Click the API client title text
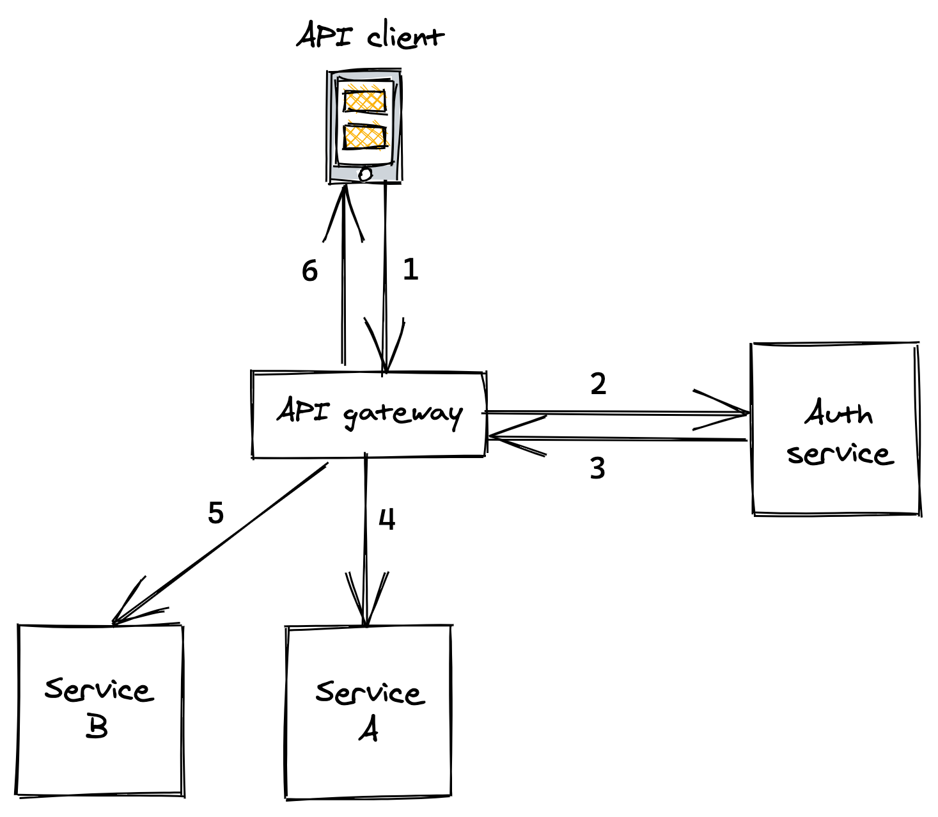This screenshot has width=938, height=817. coord(370,36)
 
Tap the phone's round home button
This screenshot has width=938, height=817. coord(365,173)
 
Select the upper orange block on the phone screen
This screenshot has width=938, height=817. coord(364,101)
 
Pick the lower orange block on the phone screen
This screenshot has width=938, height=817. coord(364,136)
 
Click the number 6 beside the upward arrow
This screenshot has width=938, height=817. coord(309,271)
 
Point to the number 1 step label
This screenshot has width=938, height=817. coord(410,270)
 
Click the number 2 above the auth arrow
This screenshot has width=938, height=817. coord(598,384)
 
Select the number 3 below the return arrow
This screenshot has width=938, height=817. coord(597,468)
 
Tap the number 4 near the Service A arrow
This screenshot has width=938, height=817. coord(387,520)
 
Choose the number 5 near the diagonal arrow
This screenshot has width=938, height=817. coord(216,513)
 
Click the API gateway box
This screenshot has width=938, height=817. coord(369,415)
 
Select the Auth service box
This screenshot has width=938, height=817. coord(836,429)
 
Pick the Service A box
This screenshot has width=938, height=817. coord(368,711)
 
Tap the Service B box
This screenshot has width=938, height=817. coord(100,710)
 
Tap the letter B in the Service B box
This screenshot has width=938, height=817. coord(97,727)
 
